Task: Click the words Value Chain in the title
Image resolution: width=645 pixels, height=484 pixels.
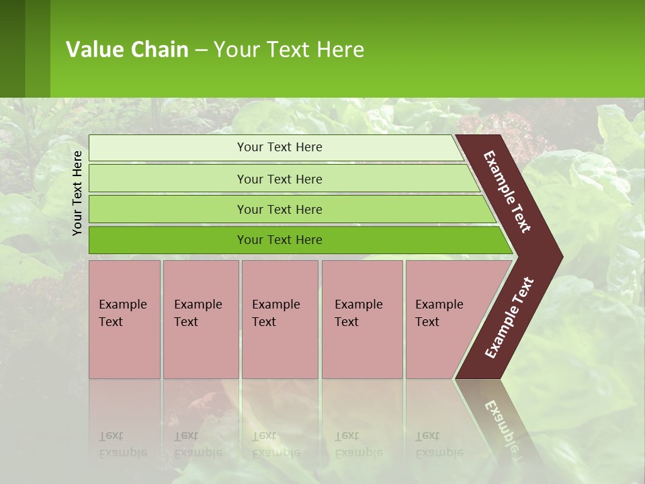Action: click(127, 50)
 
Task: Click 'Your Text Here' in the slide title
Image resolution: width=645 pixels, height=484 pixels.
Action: click(289, 50)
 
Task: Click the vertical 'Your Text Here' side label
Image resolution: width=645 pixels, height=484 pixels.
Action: click(77, 193)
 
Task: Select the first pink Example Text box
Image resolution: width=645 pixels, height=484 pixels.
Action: click(124, 319)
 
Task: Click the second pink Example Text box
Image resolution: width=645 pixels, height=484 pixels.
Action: click(200, 319)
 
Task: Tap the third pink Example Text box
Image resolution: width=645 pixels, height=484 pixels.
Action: click(279, 319)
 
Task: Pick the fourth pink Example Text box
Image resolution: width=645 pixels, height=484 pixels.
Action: click(361, 319)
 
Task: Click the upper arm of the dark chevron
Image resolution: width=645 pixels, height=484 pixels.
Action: click(508, 192)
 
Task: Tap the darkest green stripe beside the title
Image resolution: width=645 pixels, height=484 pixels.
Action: click(12, 48)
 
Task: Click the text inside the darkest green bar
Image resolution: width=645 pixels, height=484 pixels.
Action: click(279, 240)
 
